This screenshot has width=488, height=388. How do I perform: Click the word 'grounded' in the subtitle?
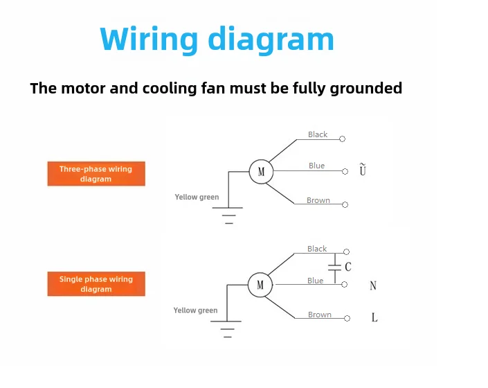[366, 89]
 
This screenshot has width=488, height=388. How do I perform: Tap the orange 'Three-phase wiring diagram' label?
[96, 174]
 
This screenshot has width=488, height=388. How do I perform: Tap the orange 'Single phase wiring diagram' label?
[96, 284]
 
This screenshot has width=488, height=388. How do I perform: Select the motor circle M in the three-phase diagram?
[261, 172]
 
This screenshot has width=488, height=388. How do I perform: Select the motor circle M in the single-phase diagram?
[260, 285]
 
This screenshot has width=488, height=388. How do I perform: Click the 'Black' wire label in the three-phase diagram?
[318, 134]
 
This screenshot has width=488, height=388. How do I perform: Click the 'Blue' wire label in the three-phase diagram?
[316, 166]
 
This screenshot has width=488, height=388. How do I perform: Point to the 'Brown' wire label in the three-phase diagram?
[318, 200]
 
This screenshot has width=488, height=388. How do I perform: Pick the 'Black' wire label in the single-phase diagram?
[317, 249]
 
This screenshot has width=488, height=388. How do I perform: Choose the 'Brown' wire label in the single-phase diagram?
[320, 315]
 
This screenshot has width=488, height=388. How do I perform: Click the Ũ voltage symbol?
[363, 169]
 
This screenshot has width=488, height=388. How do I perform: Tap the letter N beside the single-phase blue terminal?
[373, 285]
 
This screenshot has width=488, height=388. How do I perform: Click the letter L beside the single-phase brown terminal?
[374, 317]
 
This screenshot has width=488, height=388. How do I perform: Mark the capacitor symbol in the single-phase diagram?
[335, 268]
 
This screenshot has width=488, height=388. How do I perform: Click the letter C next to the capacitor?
[348, 267]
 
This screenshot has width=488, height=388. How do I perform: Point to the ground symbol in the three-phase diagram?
[228, 215]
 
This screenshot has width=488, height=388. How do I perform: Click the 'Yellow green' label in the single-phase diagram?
[195, 310]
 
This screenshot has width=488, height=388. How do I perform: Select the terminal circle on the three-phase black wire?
[343, 139]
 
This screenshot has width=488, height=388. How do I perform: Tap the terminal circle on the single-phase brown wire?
[347, 318]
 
